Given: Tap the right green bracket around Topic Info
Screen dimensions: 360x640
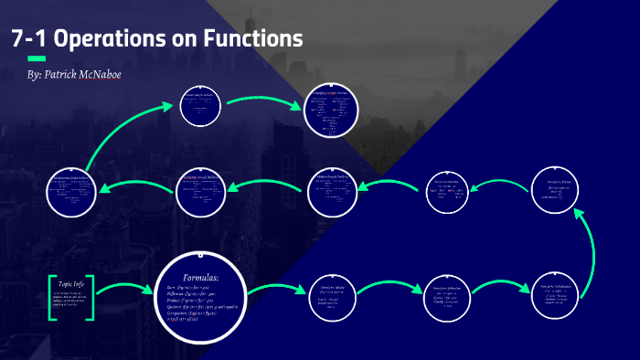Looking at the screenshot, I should point(91,294).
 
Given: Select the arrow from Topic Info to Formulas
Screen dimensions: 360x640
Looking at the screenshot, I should point(123,290).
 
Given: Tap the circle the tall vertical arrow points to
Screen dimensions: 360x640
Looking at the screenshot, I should point(557,187).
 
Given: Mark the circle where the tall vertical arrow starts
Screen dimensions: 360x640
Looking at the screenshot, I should point(554,295).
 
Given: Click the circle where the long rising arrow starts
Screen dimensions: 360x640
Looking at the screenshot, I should point(72,189).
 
